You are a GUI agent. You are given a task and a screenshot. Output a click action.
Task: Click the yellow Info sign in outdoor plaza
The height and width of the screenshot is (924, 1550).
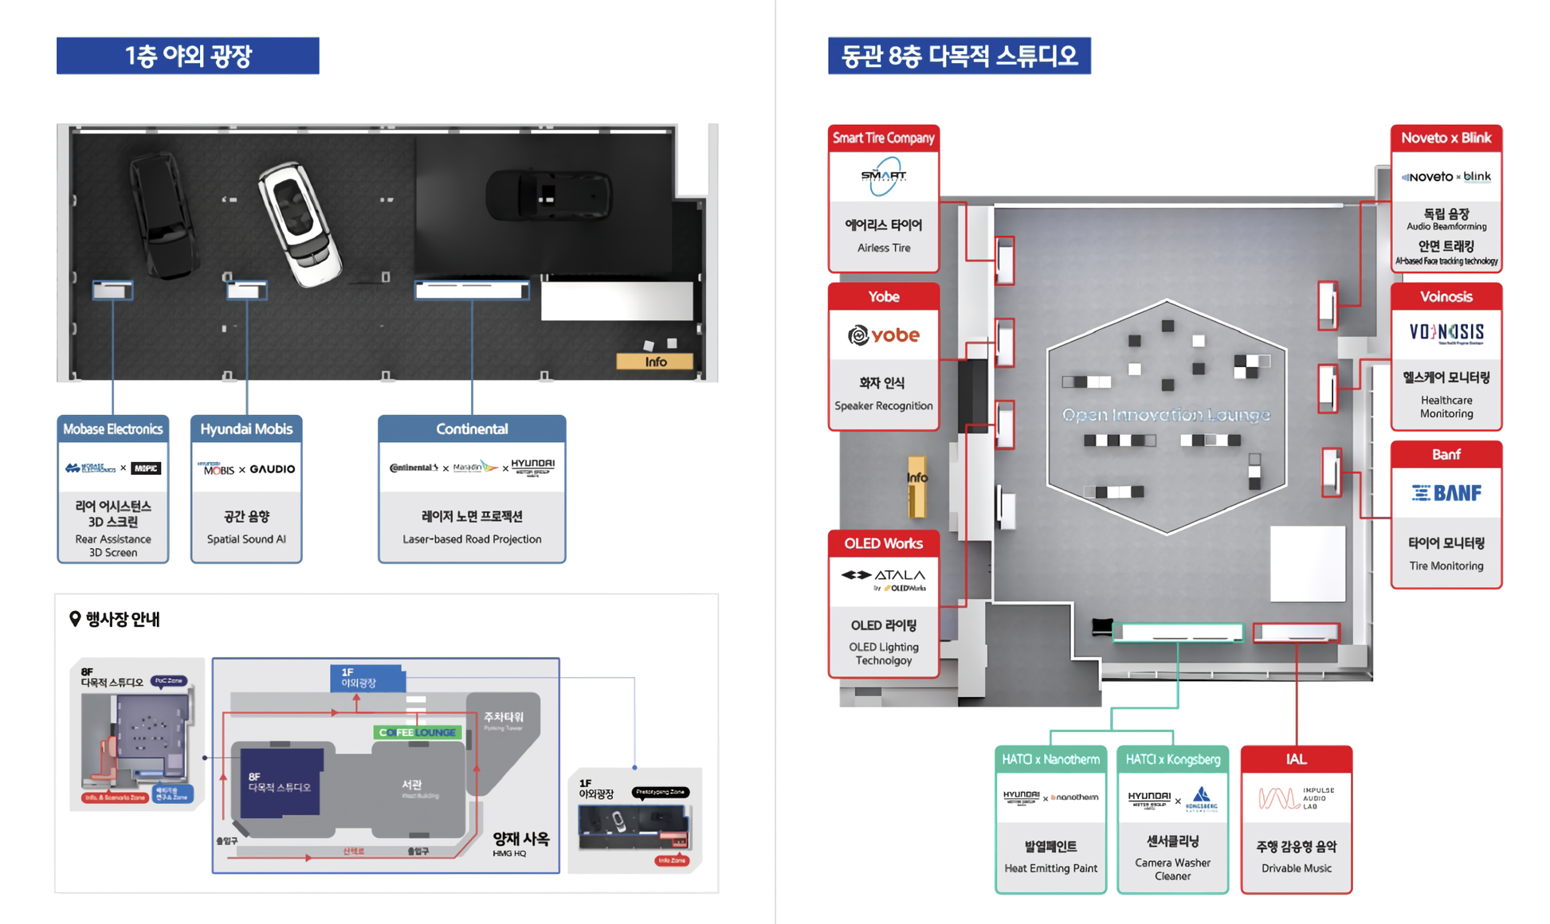tap(654, 362)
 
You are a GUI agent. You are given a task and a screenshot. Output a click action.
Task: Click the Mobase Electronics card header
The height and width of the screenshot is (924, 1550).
tap(112, 429)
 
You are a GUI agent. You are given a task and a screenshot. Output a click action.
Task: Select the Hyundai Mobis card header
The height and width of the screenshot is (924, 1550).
tap(245, 429)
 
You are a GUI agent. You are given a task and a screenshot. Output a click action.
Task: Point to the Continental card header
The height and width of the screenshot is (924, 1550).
tap(472, 429)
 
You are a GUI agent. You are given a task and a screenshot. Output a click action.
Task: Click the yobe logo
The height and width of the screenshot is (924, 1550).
tap(883, 335)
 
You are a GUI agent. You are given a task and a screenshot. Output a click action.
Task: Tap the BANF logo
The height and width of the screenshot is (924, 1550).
tap(1446, 493)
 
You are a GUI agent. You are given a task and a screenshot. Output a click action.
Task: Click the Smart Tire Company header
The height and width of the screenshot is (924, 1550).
tap(883, 138)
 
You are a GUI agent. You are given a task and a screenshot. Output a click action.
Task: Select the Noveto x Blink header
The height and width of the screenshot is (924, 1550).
tap(1446, 138)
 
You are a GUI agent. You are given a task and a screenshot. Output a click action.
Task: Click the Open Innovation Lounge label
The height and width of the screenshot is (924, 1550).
tap(1166, 415)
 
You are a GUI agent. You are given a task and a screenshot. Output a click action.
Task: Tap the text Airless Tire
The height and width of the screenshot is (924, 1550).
tap(883, 248)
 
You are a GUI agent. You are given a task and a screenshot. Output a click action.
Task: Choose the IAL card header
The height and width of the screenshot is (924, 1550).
tap(1296, 759)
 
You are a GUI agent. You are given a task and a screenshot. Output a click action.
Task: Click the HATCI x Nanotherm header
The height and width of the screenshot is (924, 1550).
tap(1050, 759)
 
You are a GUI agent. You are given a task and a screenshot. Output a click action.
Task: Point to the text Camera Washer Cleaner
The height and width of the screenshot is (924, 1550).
tap(1172, 869)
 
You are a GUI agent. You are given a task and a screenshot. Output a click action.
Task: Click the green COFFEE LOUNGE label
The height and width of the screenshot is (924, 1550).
tap(418, 732)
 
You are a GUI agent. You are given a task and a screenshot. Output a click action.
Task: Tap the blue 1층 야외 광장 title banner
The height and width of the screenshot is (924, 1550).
tap(187, 56)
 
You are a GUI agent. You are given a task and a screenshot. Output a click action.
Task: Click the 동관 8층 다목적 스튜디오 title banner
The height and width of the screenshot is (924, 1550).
tap(959, 56)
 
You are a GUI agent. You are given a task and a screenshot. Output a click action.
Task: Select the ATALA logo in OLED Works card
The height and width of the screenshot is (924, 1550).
tap(883, 579)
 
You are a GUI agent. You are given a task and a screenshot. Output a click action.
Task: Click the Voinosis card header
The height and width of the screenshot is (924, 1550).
tap(1446, 296)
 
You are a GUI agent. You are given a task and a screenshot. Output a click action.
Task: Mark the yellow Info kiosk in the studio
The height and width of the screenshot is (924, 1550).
tap(916, 485)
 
